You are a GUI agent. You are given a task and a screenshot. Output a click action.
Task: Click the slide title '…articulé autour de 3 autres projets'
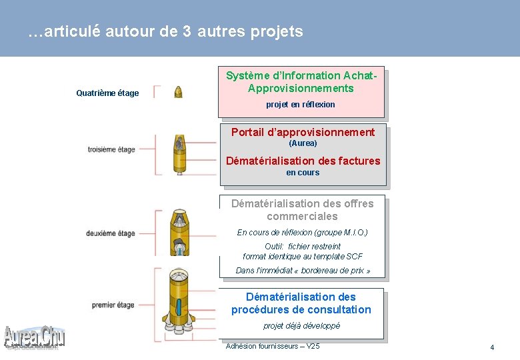click(x=165, y=31)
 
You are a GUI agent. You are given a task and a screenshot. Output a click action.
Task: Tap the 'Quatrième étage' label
click(x=107, y=93)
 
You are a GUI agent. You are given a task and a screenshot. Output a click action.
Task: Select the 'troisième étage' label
click(x=111, y=149)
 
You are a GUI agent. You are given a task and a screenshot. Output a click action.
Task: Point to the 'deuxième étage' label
click(x=111, y=233)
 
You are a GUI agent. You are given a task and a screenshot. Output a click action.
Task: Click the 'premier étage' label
click(x=113, y=305)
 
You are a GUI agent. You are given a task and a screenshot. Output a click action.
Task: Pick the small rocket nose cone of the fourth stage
click(x=178, y=92)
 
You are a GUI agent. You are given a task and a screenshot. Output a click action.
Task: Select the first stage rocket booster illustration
click(x=179, y=303)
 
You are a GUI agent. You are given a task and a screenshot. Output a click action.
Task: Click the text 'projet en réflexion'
click(x=301, y=105)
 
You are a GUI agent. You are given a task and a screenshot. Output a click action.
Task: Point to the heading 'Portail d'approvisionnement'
click(x=303, y=132)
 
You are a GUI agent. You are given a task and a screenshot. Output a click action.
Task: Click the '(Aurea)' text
click(x=303, y=143)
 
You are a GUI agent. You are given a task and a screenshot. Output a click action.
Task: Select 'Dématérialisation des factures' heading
click(x=303, y=161)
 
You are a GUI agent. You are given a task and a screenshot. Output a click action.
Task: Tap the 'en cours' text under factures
click(x=303, y=173)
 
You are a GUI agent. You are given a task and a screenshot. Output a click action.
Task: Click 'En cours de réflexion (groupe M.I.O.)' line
click(x=303, y=233)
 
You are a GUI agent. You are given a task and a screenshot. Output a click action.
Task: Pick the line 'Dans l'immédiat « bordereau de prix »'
click(x=303, y=271)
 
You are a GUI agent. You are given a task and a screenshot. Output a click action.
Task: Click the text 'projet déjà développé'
click(x=301, y=326)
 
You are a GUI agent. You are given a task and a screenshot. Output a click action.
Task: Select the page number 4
click(x=492, y=348)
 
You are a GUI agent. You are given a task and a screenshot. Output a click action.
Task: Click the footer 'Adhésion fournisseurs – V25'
click(x=273, y=346)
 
